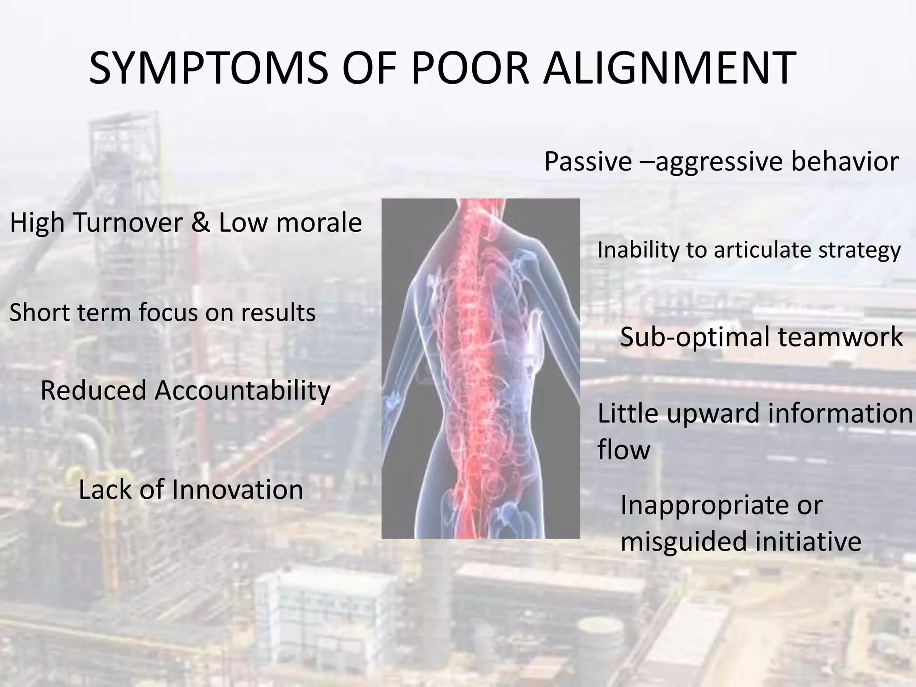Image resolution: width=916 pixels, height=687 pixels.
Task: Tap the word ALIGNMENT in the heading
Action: (x=669, y=68)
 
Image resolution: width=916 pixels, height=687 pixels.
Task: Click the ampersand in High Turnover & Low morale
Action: (x=200, y=222)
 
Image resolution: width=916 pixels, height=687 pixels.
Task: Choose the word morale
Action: (x=319, y=222)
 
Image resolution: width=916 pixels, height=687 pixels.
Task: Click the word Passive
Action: (x=588, y=161)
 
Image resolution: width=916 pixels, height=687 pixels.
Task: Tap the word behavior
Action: (x=844, y=161)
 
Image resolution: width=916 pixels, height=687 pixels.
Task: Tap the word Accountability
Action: (x=242, y=390)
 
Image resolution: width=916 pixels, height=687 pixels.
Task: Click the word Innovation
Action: (x=237, y=489)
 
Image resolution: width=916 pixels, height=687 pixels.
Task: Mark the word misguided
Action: (x=684, y=541)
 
